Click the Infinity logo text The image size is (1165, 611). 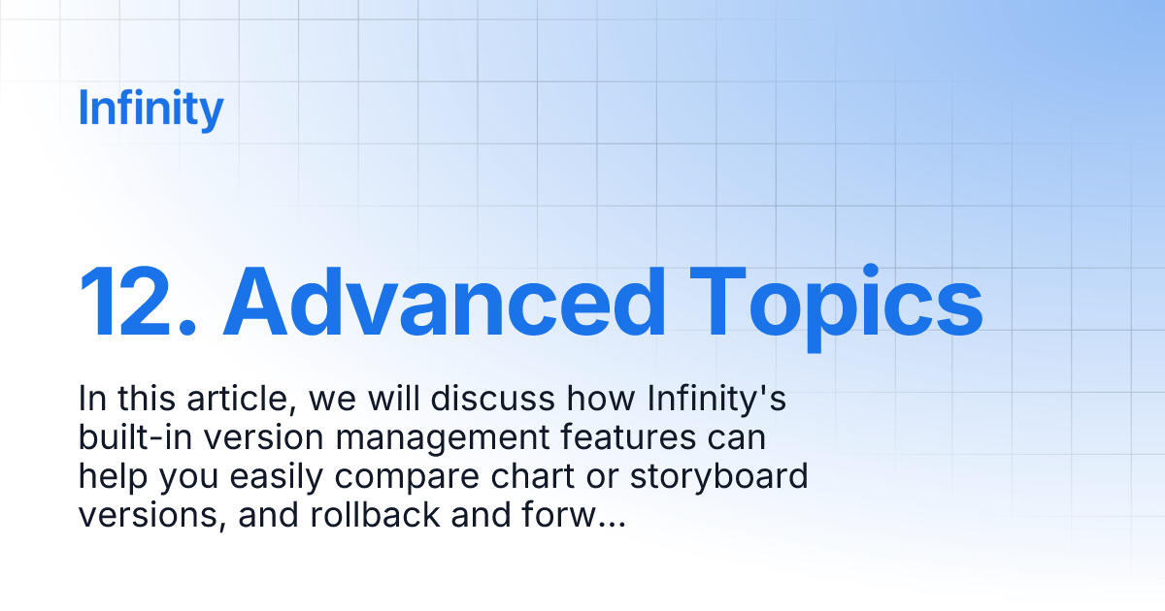click(x=150, y=109)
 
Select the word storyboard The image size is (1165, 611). click(x=725, y=478)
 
